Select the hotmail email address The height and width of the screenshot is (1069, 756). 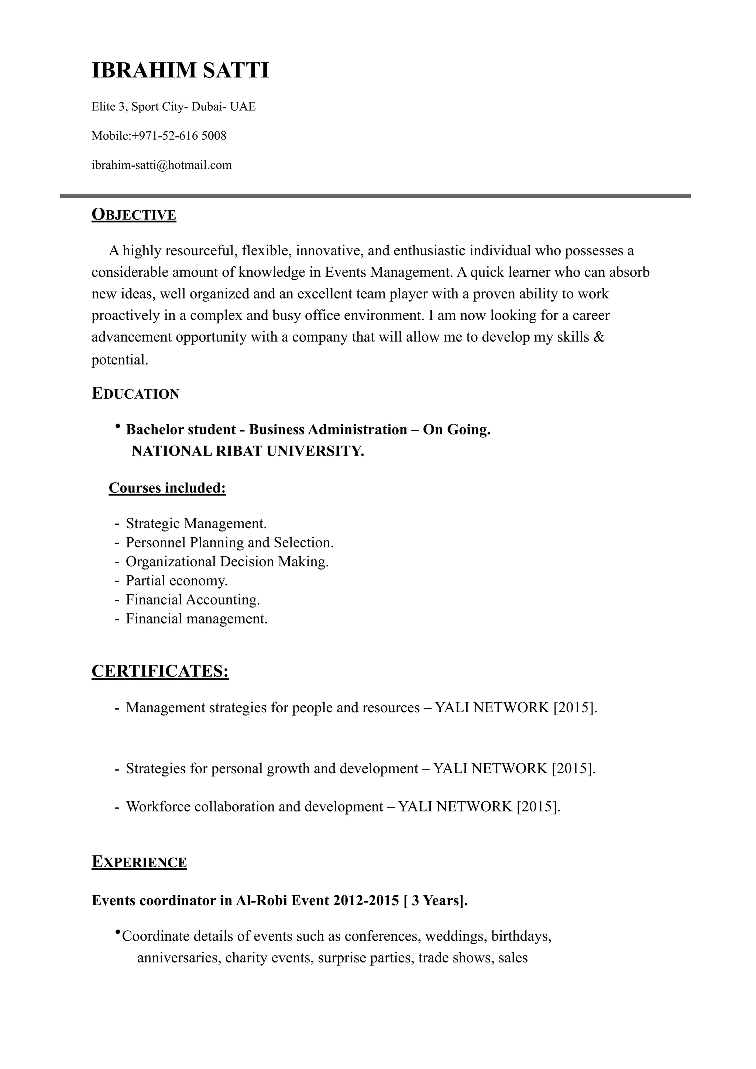162,165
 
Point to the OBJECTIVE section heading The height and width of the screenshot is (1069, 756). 134,215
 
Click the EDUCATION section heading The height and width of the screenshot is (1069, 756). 135,394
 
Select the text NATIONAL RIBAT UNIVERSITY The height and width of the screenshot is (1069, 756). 247,451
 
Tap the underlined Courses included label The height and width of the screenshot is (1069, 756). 167,488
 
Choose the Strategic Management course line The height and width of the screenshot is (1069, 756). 196,524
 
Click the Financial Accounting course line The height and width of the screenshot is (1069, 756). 193,600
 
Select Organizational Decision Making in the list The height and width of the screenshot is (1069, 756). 227,561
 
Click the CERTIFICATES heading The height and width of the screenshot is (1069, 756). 160,671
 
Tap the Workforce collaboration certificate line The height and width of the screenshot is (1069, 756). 343,807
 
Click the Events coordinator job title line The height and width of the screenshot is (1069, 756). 279,900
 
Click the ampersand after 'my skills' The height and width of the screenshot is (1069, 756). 599,337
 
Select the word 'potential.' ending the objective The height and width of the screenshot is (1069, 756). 120,360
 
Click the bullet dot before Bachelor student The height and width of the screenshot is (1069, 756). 118,426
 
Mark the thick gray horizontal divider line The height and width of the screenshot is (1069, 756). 375,196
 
